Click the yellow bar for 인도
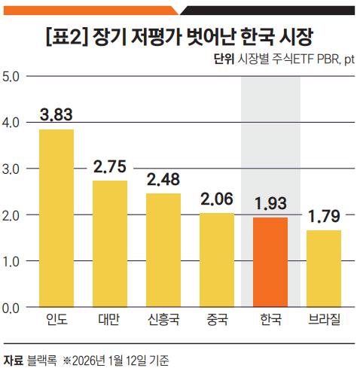56,218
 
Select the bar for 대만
110,244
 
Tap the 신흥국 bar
163,250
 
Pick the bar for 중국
217,260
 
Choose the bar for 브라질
324,269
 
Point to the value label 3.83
56,116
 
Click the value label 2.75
110,166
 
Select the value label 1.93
270,204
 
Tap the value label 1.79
324,217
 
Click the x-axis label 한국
270,321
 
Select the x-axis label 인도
56,321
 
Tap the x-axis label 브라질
324,321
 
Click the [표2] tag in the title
68,37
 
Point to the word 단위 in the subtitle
225,59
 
